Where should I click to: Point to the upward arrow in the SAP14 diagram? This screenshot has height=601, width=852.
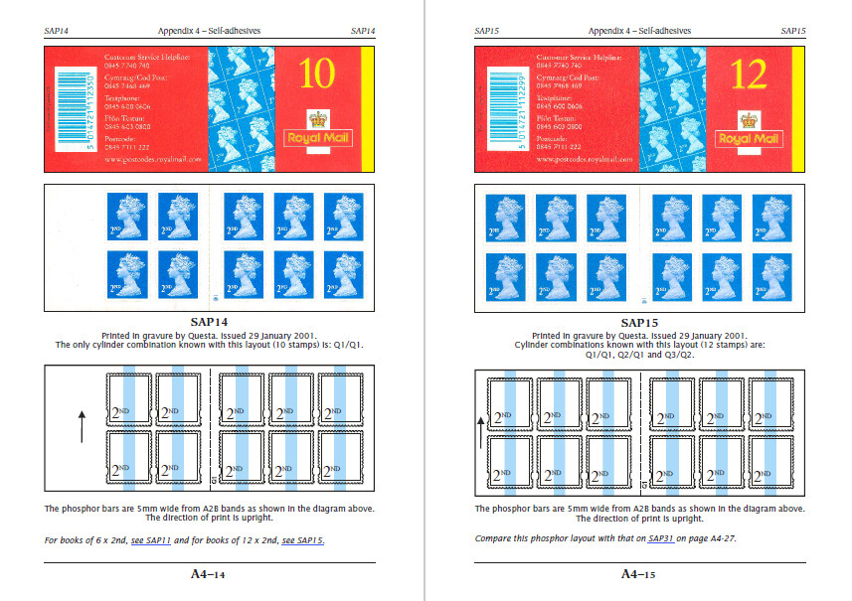click(82, 426)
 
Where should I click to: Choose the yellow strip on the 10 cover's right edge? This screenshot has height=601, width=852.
click(366, 109)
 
